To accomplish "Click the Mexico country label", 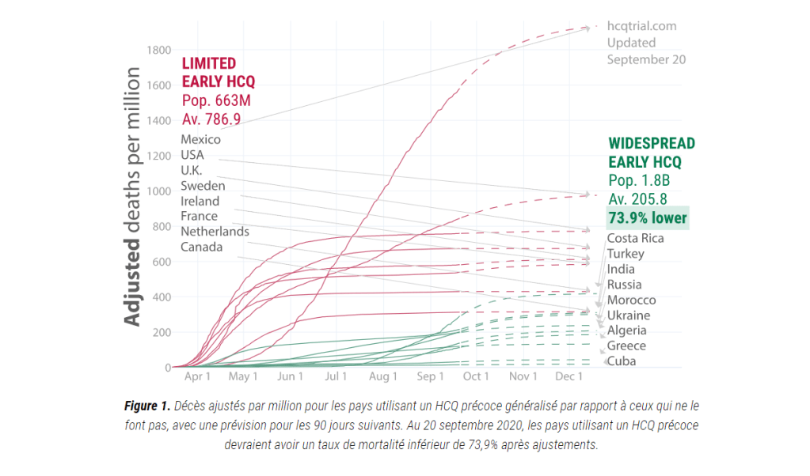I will pyautogui.click(x=200, y=140).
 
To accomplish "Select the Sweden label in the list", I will pyautogui.click(x=203, y=186).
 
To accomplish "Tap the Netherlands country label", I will pyautogui.click(x=215, y=232).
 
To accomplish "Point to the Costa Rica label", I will pyautogui.click(x=635, y=239).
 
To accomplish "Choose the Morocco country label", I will pyautogui.click(x=631, y=300).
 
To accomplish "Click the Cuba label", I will pyautogui.click(x=621, y=361).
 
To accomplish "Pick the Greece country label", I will pyautogui.click(x=626, y=346).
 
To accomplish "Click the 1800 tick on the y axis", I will pyautogui.click(x=158, y=51).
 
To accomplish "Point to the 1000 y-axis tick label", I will pyautogui.click(x=158, y=191).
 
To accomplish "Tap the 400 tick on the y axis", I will pyautogui.click(x=162, y=297).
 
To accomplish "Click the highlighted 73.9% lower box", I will pyautogui.click(x=647, y=217).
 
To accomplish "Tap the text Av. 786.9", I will pyautogui.click(x=211, y=119).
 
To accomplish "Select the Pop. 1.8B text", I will pyautogui.click(x=638, y=179).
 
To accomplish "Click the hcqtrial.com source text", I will pyautogui.click(x=641, y=26).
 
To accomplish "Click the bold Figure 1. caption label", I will pyautogui.click(x=146, y=406).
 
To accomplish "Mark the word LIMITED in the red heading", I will pyautogui.click(x=209, y=63).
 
